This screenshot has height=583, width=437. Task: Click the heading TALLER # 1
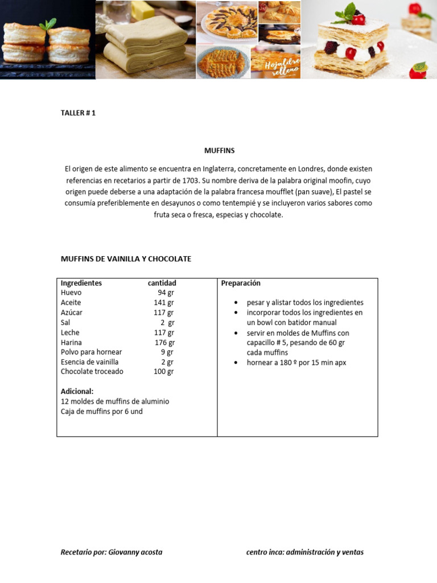click(x=78, y=113)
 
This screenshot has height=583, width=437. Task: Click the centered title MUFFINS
click(x=219, y=151)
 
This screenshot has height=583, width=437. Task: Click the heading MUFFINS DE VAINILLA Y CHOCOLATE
click(x=126, y=259)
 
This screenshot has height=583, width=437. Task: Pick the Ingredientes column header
click(x=81, y=283)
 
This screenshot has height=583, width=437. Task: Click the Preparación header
click(x=241, y=283)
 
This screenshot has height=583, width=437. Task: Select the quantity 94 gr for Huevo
click(x=166, y=293)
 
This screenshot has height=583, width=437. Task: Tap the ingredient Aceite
click(x=71, y=302)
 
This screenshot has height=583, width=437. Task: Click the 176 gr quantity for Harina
click(x=164, y=342)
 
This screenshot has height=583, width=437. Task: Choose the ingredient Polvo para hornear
click(x=91, y=352)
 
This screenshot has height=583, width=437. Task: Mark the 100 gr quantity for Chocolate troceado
click(x=163, y=371)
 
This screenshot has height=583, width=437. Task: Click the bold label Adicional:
click(x=77, y=391)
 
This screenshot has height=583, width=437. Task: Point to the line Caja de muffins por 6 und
click(x=101, y=411)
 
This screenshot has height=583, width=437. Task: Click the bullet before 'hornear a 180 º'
click(x=236, y=363)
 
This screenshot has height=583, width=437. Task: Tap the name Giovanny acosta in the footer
click(x=135, y=552)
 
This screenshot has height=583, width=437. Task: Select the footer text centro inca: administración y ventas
click(x=304, y=552)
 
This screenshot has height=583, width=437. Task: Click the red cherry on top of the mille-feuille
click(x=358, y=20)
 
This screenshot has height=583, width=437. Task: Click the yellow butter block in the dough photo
click(x=142, y=10)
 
